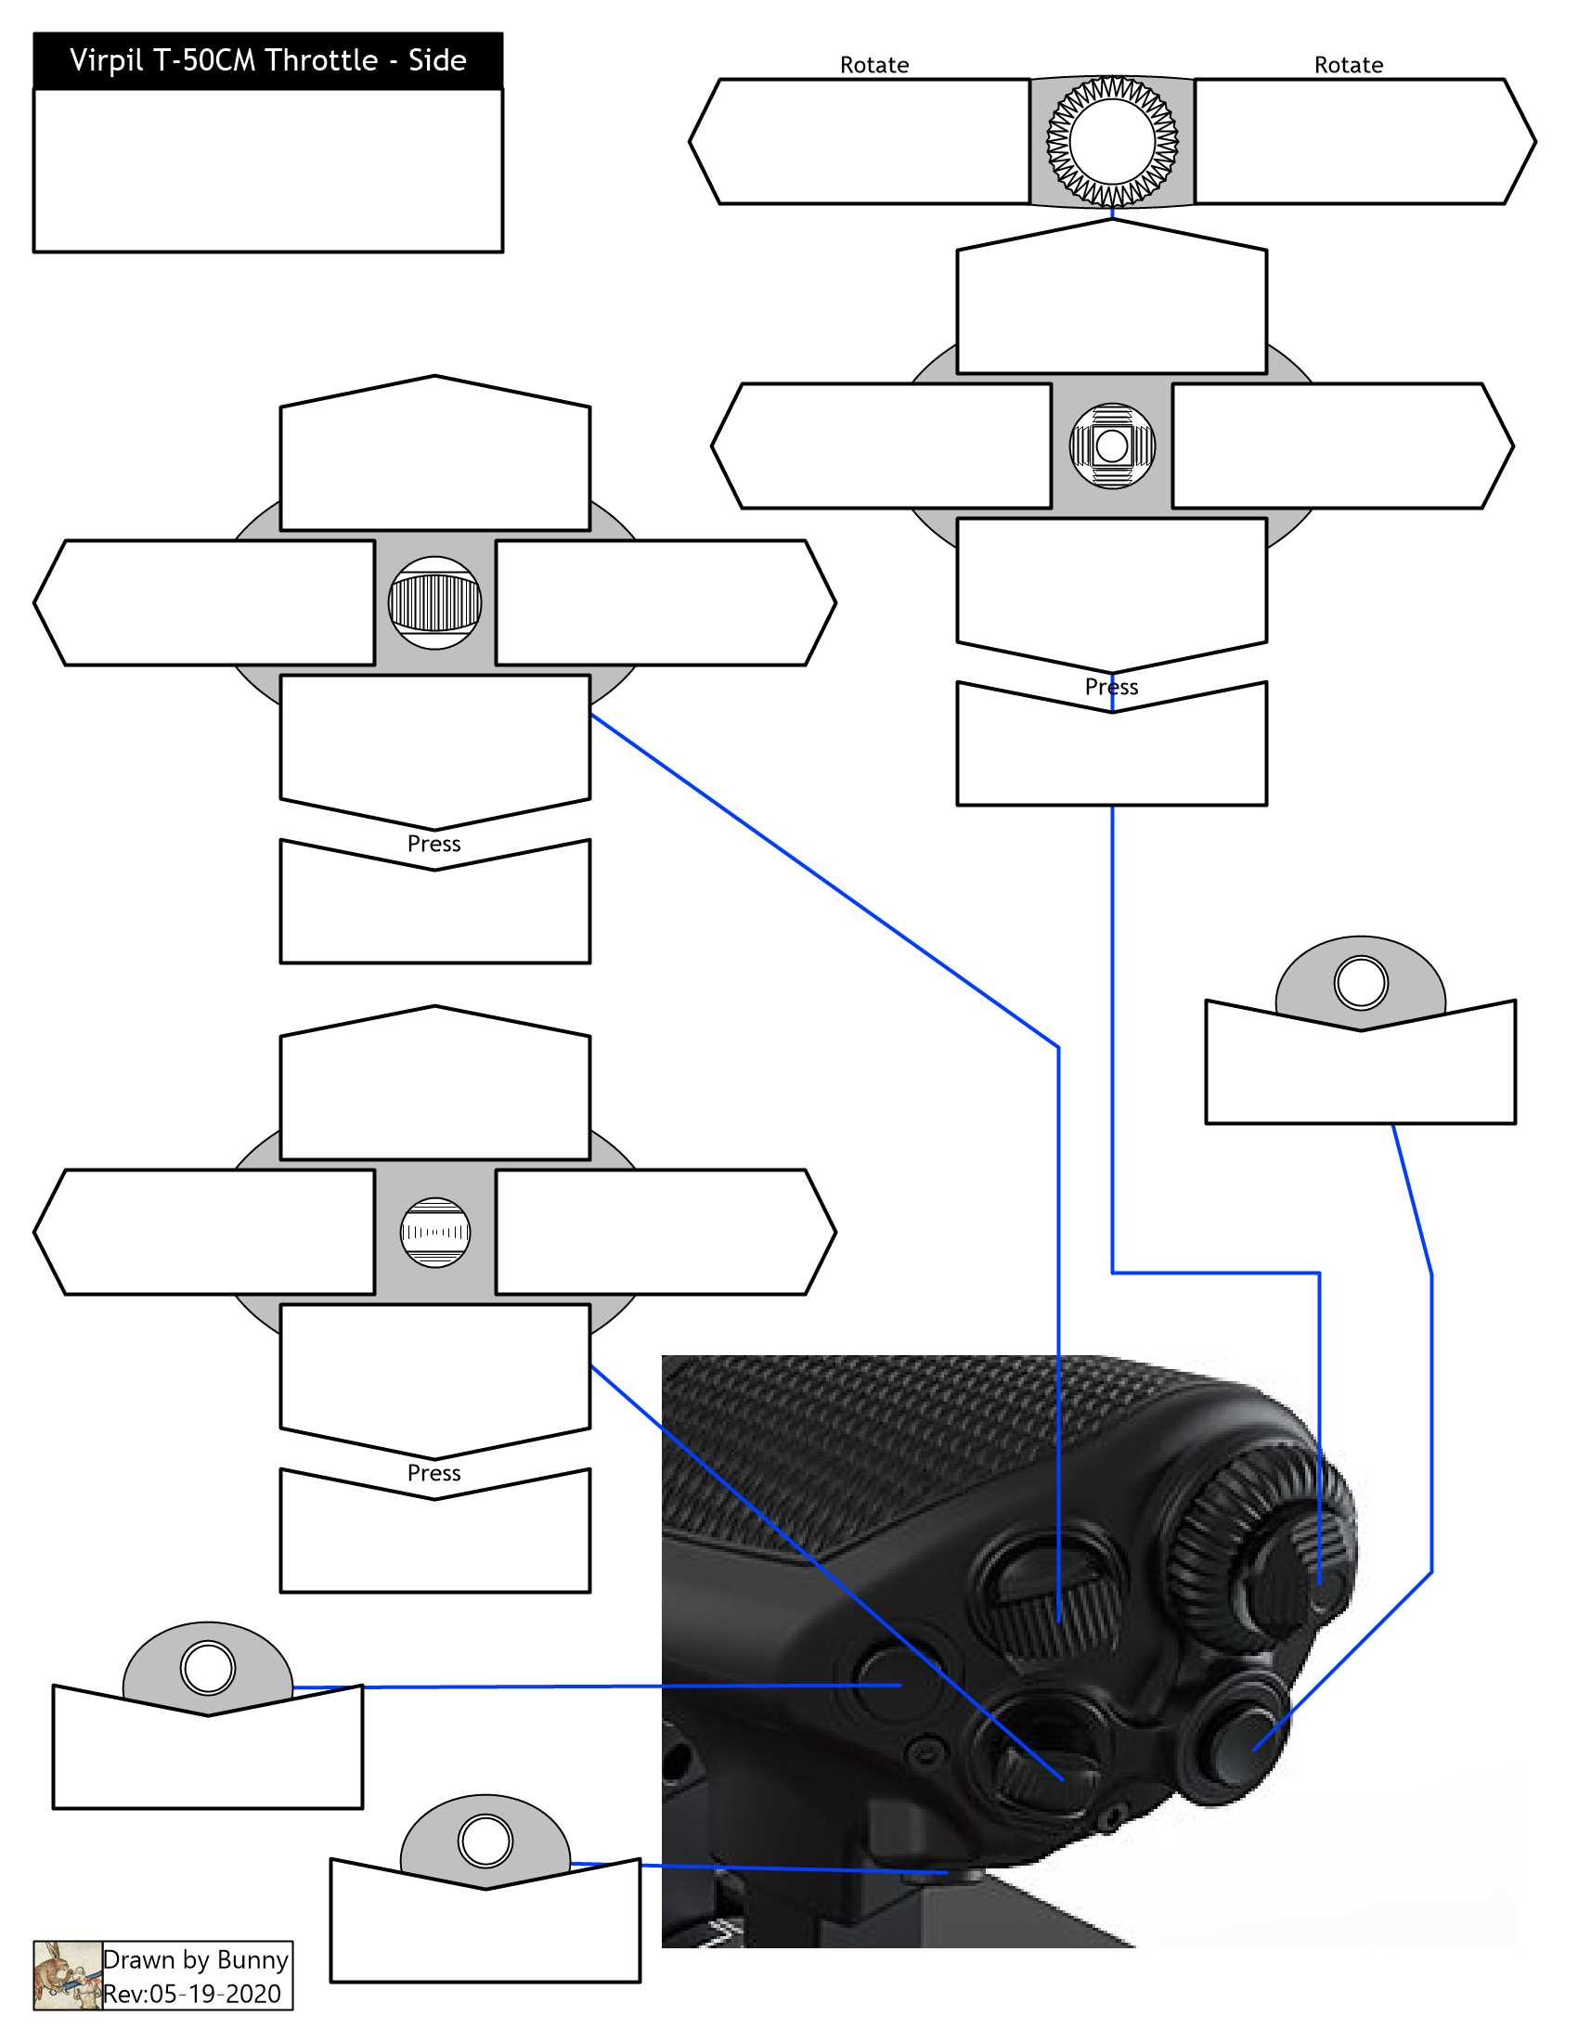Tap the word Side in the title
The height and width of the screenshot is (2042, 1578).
[436, 60]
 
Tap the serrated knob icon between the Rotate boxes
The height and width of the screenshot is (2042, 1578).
[1111, 141]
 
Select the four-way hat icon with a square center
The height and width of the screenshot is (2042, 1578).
[1111, 446]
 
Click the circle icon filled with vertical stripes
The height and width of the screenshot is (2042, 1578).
[434, 603]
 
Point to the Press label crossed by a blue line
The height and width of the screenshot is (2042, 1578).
[1111, 687]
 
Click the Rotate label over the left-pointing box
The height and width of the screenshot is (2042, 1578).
[874, 66]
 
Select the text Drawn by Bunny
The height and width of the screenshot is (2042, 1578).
[195, 1959]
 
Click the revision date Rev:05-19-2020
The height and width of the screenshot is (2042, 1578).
[191, 1995]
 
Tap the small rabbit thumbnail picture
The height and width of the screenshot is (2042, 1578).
[68, 1975]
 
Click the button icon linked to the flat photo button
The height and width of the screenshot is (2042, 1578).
[208, 1668]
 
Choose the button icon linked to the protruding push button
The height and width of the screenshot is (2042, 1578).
[1360, 983]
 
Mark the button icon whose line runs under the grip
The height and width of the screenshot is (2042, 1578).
[485, 1840]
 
